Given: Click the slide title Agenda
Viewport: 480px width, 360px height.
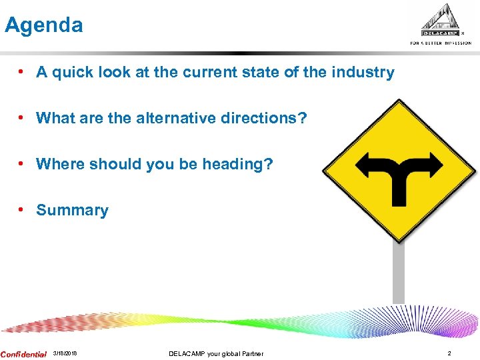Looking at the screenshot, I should (x=44, y=25).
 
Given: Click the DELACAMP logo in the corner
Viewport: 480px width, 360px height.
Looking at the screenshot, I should (x=441, y=23).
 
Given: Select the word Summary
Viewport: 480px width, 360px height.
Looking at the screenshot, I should (x=72, y=210).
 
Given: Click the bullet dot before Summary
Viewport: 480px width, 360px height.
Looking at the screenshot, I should (x=22, y=210).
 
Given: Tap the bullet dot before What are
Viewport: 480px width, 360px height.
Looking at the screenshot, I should (x=22, y=118).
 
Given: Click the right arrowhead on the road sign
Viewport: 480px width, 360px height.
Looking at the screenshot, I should (x=434, y=163).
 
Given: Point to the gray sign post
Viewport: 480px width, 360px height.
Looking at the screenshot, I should (x=398, y=273).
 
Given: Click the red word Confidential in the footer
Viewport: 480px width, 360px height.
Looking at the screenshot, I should (x=24, y=354).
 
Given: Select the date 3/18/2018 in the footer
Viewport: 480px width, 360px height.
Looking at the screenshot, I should (x=65, y=353).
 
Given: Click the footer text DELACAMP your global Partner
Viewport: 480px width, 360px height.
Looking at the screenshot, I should (x=216, y=353).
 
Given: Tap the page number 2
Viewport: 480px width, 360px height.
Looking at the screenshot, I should (x=449, y=353).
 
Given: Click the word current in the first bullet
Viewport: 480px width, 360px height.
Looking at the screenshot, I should (x=218, y=72).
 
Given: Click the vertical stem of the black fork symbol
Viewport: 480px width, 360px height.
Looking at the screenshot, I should (x=399, y=190).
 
